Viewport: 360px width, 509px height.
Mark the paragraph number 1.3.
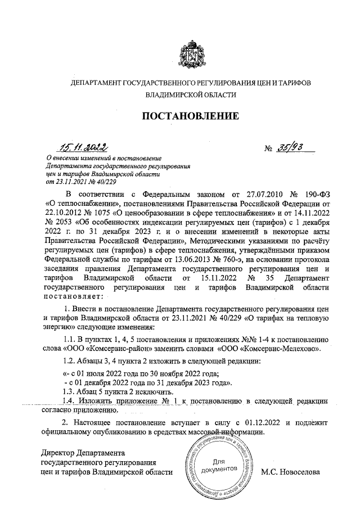click(x=70, y=391)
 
